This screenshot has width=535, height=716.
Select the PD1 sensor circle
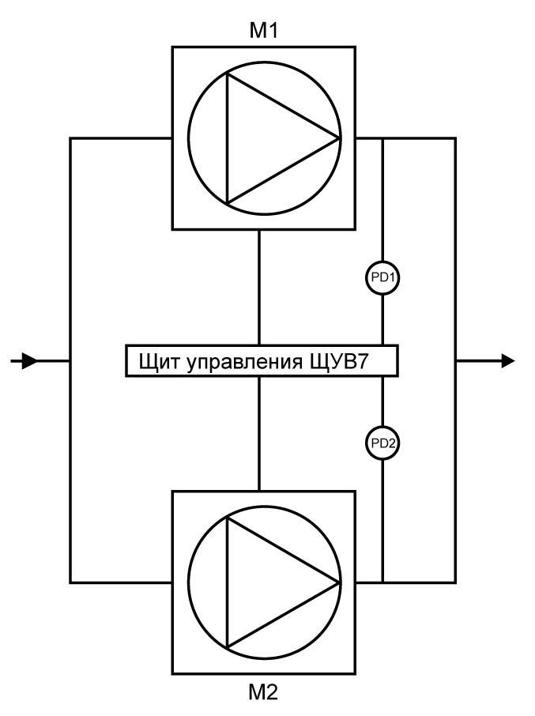point(382,277)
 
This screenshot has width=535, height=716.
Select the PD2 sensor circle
point(382,443)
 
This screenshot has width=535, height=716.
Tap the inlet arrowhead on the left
point(29,361)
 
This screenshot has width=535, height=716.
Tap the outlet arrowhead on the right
point(507,361)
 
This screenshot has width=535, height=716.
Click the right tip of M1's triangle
point(339,138)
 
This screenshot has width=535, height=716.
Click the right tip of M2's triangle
point(339,583)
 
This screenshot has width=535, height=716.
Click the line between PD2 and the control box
point(382,401)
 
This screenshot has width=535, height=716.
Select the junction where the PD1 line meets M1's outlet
point(382,138)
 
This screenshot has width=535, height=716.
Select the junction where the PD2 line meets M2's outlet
point(382,583)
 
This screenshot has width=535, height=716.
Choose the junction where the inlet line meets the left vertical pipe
point(70,361)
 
